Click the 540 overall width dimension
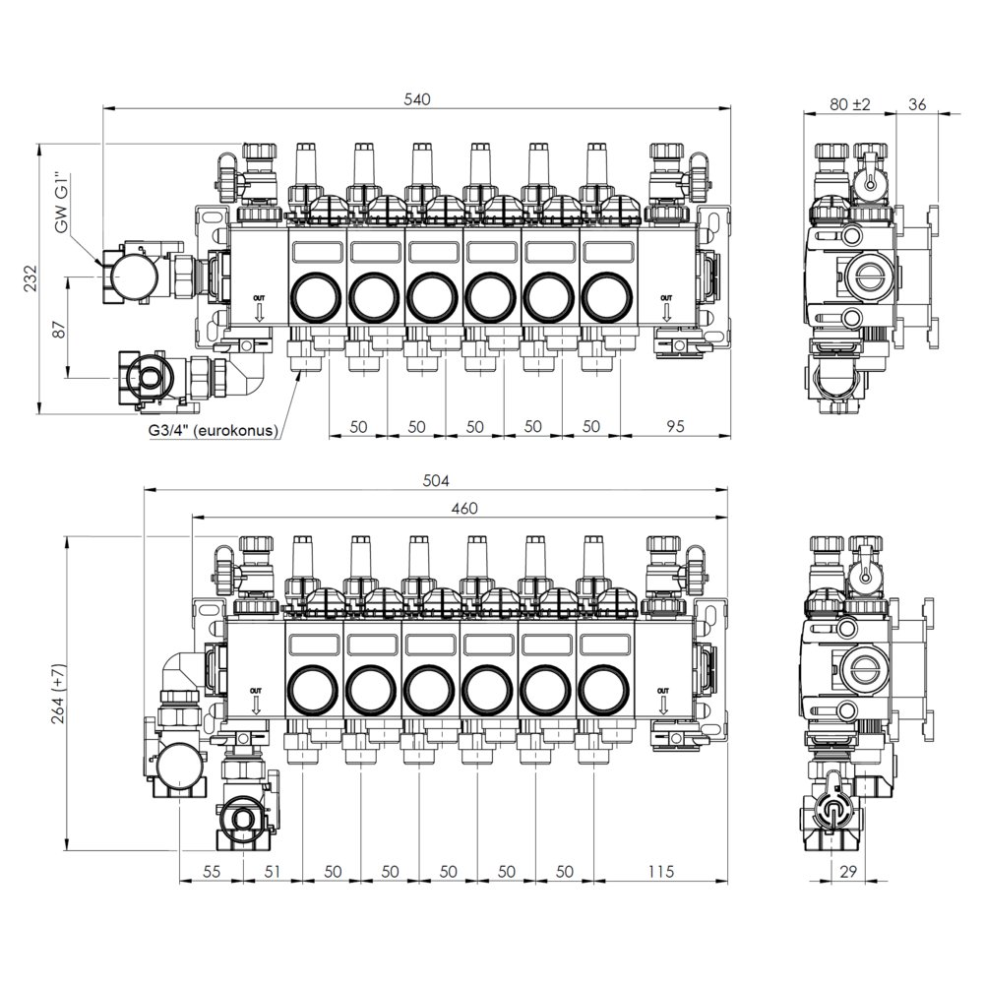click(417, 99)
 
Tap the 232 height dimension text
click(31, 278)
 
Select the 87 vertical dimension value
click(58, 329)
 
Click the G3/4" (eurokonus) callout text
click(214, 431)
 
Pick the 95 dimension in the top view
click(675, 426)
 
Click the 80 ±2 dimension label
click(850, 104)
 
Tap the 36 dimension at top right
click(917, 104)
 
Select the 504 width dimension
click(436, 481)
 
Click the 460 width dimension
click(464, 508)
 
